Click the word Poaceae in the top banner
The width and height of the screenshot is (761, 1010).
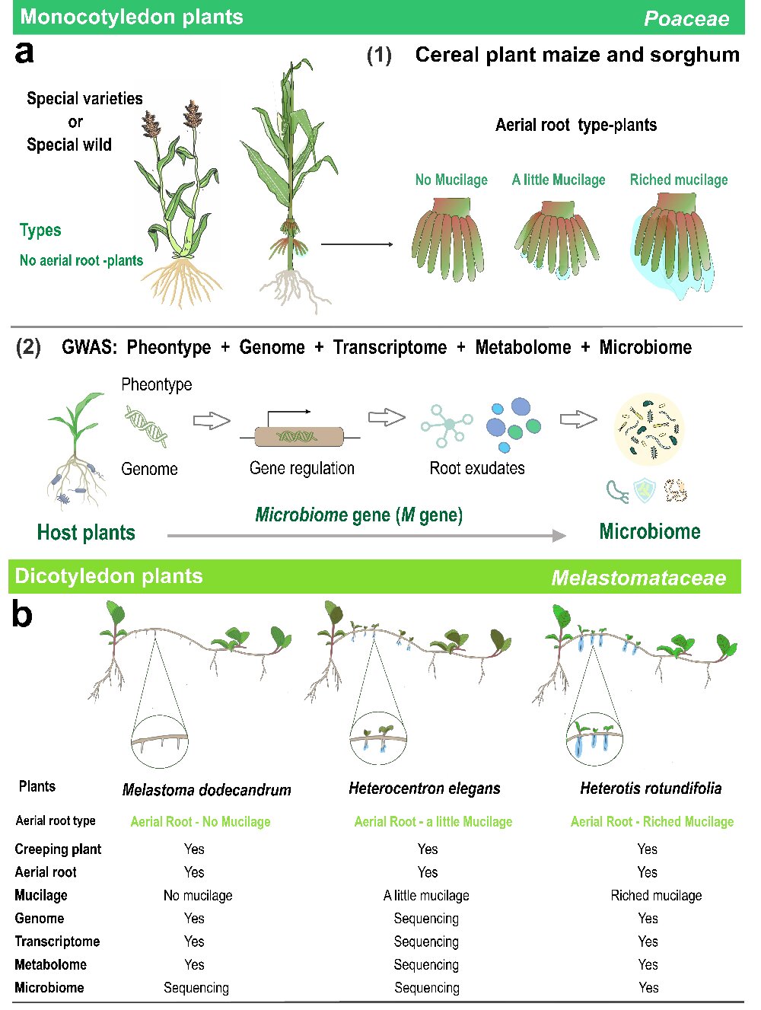click(686, 19)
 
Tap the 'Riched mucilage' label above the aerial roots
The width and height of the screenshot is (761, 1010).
click(679, 180)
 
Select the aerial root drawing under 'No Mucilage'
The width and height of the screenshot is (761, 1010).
click(447, 238)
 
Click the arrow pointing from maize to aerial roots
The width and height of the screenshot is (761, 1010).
click(357, 244)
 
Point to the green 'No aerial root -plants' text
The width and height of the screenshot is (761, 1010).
click(81, 260)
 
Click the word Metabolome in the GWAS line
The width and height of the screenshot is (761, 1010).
click(523, 348)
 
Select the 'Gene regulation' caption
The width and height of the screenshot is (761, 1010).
click(302, 468)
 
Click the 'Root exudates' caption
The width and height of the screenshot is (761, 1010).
click(477, 468)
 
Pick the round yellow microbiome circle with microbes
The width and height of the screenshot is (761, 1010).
click(649, 429)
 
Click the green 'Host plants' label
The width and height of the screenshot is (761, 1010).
click(86, 532)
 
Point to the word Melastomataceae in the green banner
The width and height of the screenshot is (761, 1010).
click(638, 578)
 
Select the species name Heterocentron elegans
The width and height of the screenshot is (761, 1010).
click(425, 789)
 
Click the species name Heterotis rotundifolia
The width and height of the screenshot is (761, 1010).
click(651, 789)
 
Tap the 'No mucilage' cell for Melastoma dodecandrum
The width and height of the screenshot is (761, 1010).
click(198, 896)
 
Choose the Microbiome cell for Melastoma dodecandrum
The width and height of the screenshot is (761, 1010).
click(196, 988)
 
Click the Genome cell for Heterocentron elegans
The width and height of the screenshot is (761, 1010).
click(426, 919)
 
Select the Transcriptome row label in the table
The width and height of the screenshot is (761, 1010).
click(57, 941)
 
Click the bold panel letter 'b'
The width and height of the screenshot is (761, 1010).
click(22, 613)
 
